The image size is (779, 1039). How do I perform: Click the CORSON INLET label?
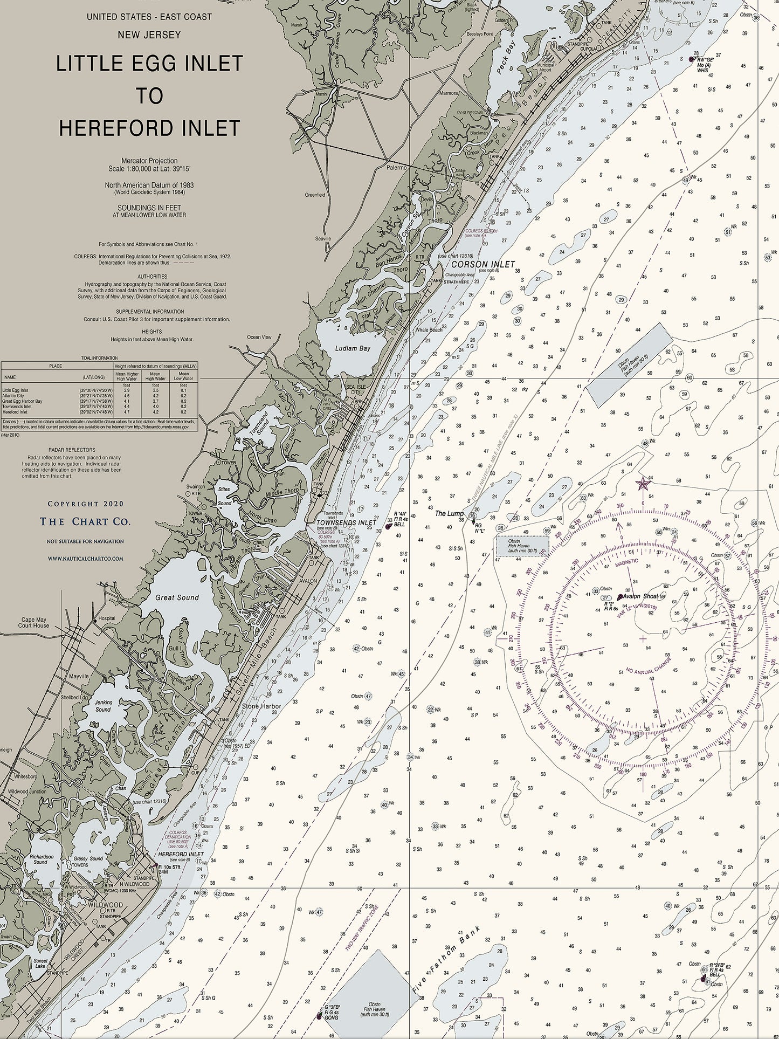(483, 264)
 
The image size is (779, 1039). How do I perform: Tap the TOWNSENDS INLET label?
(346, 522)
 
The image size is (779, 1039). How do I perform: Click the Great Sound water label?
(177, 597)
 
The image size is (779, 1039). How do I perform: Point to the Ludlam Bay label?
(353, 348)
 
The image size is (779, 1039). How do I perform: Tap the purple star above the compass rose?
(643, 483)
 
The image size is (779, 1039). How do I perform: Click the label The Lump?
(449, 513)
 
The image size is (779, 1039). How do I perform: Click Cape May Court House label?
(33, 623)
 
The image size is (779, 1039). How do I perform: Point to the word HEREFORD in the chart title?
(109, 128)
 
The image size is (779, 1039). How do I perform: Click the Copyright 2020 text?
(85, 504)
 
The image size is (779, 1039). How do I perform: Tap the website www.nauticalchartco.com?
(85, 559)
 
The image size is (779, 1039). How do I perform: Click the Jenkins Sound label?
(102, 706)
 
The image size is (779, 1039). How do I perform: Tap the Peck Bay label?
(507, 58)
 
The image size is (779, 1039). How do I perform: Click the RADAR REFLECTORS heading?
(72, 449)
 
